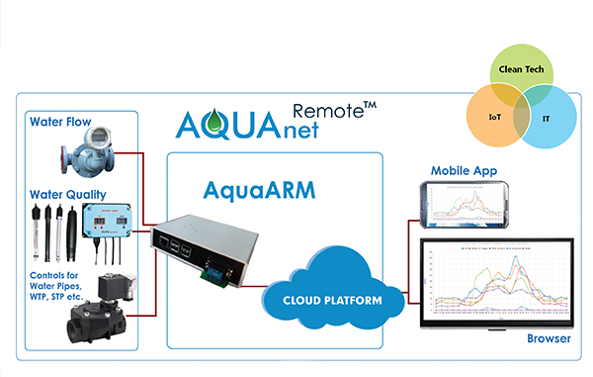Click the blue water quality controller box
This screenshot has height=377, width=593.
coord(109,227)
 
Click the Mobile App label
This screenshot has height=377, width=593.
coord(465,171)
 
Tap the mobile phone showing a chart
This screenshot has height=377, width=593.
coord(464,204)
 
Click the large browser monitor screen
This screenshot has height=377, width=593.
coord(499,280)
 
